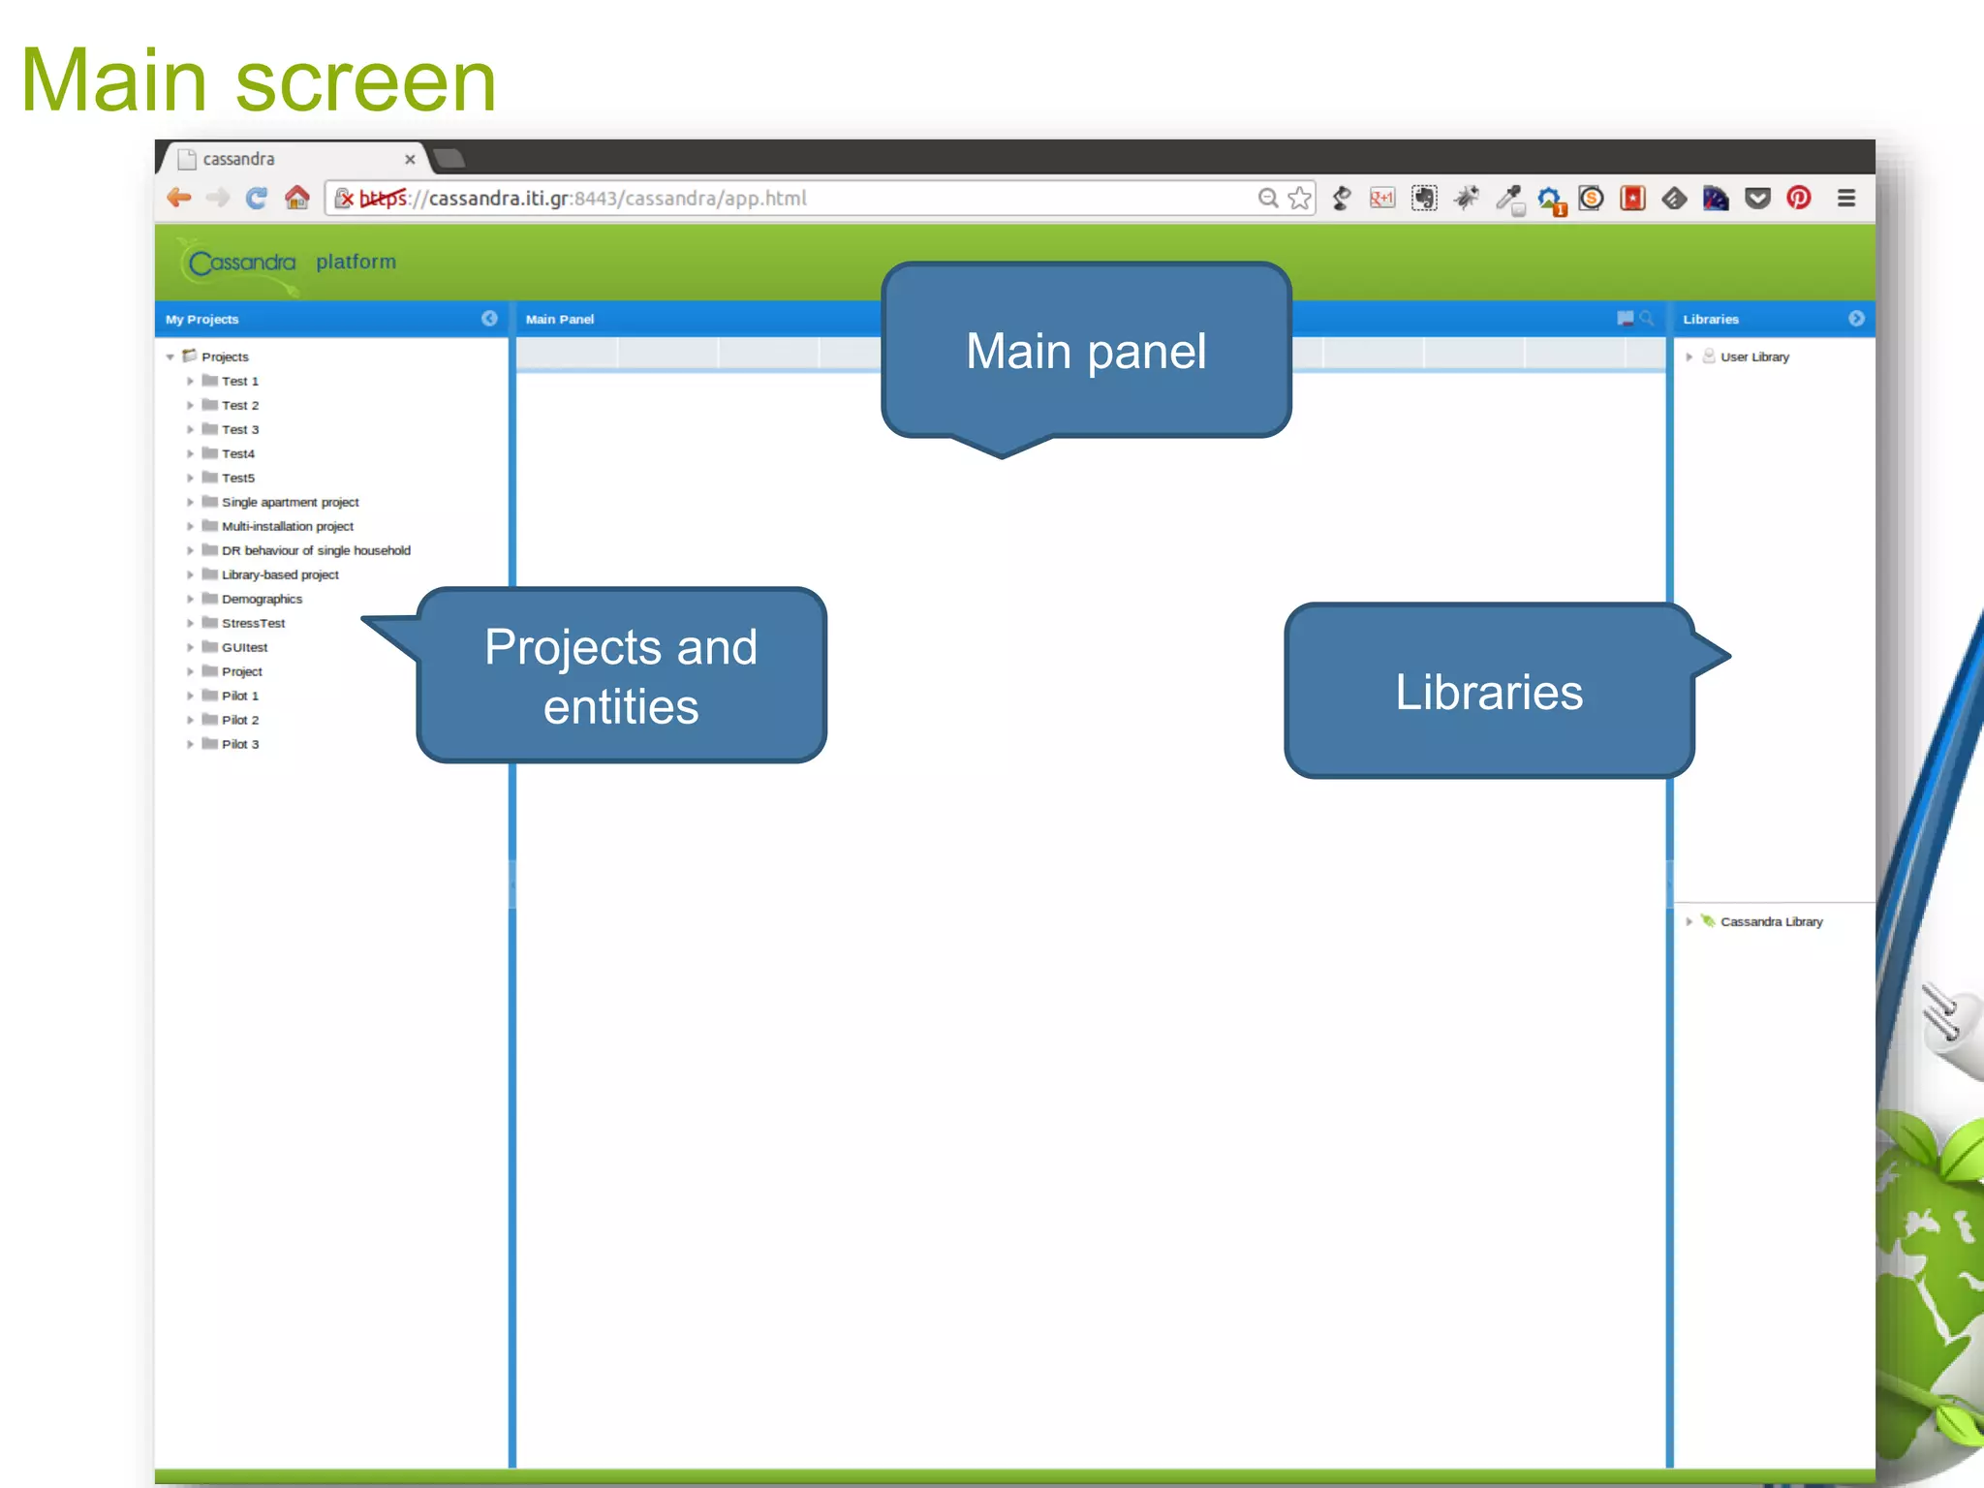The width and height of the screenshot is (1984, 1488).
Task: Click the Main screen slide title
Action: [258, 80]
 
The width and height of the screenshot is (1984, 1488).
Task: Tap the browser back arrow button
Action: [179, 199]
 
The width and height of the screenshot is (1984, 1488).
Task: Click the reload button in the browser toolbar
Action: [257, 199]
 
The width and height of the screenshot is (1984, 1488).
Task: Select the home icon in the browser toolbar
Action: [297, 199]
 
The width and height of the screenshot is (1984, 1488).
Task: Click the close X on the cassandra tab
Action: [410, 160]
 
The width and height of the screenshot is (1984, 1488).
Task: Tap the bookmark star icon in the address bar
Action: [1300, 199]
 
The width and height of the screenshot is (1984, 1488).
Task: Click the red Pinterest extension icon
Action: [1799, 199]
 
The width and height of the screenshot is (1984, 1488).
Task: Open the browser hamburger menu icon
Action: [1846, 199]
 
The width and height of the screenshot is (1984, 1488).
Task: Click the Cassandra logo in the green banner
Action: [241, 263]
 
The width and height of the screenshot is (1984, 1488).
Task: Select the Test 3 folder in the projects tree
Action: [239, 429]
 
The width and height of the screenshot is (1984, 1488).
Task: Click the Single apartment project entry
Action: [290, 502]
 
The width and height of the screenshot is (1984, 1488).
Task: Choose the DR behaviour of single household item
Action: [316, 550]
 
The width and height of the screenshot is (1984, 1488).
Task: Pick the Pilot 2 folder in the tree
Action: [239, 720]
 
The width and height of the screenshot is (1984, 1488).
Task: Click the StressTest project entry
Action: [253, 623]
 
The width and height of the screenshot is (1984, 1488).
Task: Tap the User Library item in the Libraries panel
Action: [1753, 356]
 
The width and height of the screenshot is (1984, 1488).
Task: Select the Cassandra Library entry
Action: [1771, 921]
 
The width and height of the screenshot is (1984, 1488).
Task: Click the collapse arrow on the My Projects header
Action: [489, 319]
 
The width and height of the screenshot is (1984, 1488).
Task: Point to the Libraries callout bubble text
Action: [1489, 692]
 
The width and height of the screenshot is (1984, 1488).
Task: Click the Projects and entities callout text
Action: [621, 676]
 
